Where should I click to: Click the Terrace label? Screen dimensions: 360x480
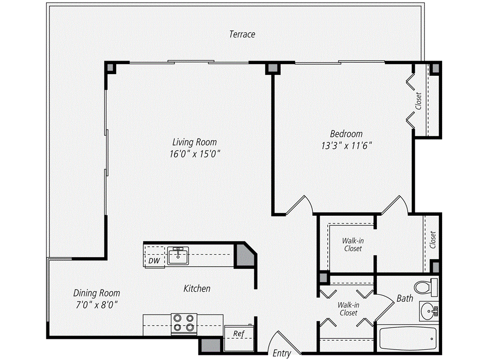tap(242, 34)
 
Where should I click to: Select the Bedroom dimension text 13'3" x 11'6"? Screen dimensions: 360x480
tap(346, 145)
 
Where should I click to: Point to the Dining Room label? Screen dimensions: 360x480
tap(97, 293)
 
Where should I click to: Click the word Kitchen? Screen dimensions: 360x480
tap(196, 289)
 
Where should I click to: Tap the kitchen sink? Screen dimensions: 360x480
tap(178, 256)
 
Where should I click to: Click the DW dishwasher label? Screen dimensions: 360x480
tap(154, 261)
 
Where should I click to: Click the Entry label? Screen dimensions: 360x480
tap(281, 353)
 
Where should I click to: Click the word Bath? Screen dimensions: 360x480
tap(405, 298)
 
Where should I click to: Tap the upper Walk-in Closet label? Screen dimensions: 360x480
tap(352, 245)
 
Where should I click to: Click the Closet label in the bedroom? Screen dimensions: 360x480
tap(418, 100)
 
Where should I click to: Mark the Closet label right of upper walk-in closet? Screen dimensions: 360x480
tap(432, 240)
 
